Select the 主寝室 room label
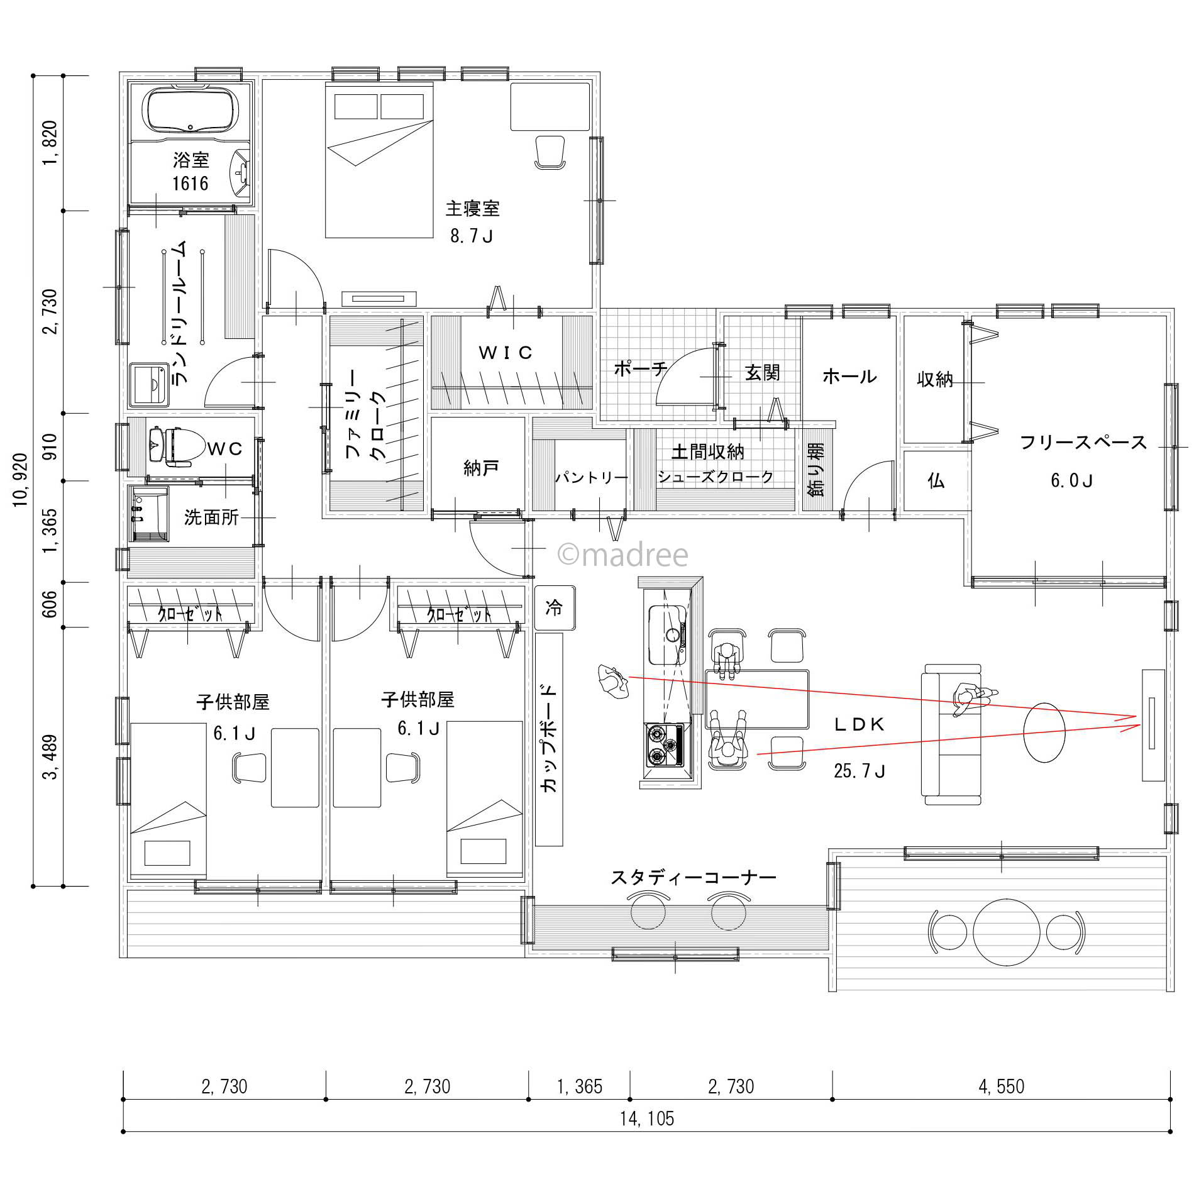(x=472, y=208)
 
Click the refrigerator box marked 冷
(x=554, y=608)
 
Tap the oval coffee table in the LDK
(x=1044, y=732)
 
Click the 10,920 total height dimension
(x=20, y=479)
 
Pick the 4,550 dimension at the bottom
(x=1002, y=1086)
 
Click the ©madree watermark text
(x=622, y=555)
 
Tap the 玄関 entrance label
(x=762, y=373)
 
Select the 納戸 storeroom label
(x=481, y=468)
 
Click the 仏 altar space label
(x=936, y=481)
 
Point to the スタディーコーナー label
(x=694, y=877)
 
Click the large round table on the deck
(x=1004, y=931)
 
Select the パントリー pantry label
(x=591, y=478)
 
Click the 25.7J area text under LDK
(x=860, y=771)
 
